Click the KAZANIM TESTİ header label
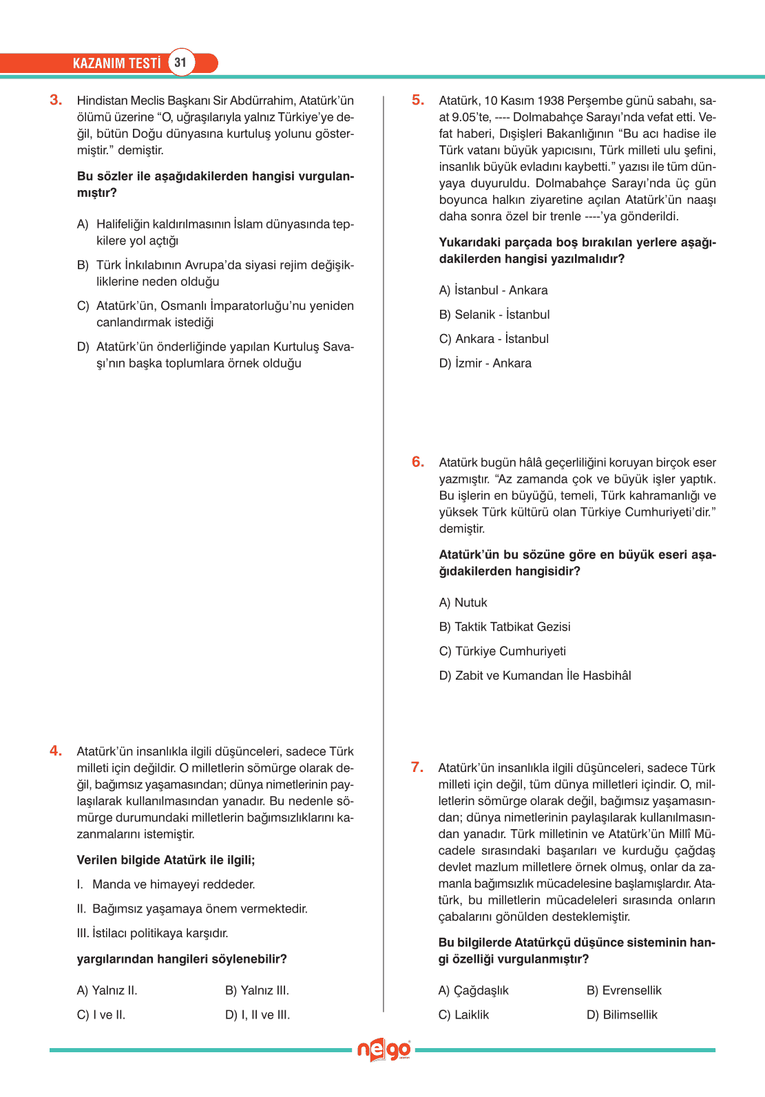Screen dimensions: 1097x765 (x=116, y=63)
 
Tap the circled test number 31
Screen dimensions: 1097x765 (x=180, y=63)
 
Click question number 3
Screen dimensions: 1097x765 (x=56, y=100)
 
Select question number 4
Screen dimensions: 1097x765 (x=56, y=751)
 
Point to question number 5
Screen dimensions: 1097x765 (x=418, y=100)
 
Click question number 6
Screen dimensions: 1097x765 (x=418, y=461)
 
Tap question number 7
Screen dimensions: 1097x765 (x=417, y=767)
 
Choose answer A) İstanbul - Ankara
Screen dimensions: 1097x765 (x=493, y=291)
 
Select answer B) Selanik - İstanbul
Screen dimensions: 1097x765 (x=494, y=315)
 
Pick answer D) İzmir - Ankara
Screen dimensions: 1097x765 (x=485, y=363)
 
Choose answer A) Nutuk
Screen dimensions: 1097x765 (x=463, y=603)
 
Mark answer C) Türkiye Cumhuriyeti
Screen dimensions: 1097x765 (x=502, y=651)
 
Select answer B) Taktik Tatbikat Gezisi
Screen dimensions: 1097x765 (x=505, y=627)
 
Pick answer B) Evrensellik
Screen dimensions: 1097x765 (x=624, y=990)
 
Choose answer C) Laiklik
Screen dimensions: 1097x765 (x=463, y=1015)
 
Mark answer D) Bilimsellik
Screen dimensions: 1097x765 (x=622, y=1015)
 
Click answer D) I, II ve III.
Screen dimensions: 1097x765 (x=258, y=1015)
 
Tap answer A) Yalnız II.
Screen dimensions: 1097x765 (x=107, y=990)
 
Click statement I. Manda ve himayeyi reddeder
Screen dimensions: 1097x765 (x=166, y=884)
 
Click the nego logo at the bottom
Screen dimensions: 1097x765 (x=384, y=1050)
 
